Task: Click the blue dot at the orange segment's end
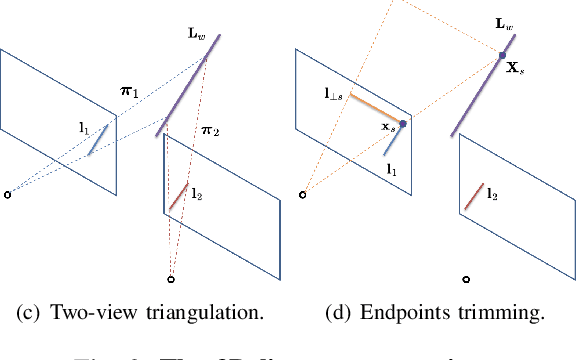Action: click(402, 124)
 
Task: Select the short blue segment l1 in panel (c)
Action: click(97, 140)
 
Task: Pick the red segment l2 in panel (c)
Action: click(177, 196)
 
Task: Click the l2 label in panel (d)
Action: click(492, 196)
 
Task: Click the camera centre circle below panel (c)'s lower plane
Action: click(171, 278)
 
